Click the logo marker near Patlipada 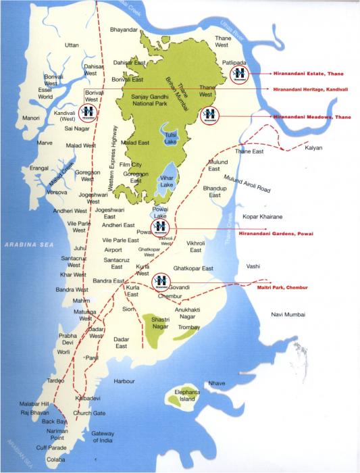coord(238,74)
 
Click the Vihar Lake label coord(167,182)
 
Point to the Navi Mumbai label coord(288,315)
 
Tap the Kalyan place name coord(314,147)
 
